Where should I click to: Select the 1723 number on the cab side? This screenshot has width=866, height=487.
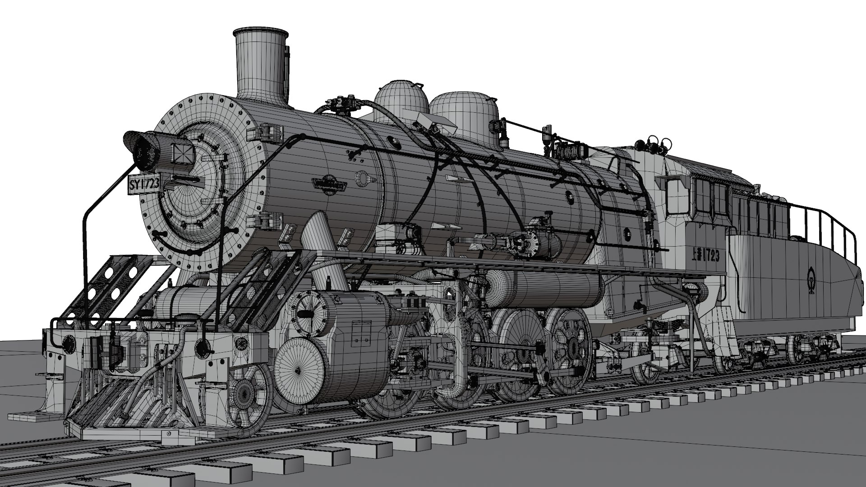(709, 256)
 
